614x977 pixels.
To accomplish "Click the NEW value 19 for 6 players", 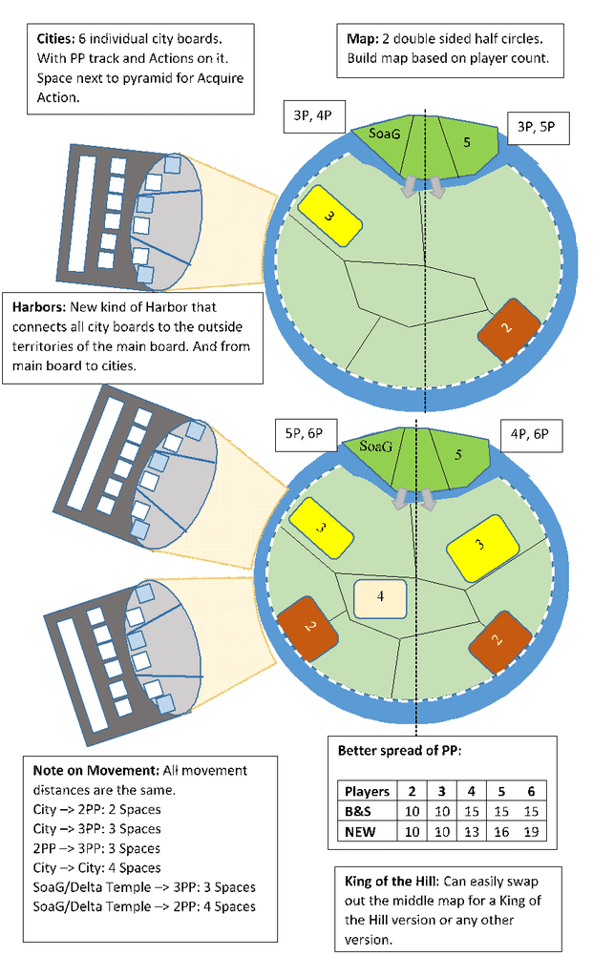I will pos(531,831).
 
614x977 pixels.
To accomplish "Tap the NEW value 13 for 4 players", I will pos(471,831).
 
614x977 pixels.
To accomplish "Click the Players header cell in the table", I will pos(367,791).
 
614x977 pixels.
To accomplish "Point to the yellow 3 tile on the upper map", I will pos(330,217).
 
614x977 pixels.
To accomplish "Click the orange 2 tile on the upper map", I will pos(506,329).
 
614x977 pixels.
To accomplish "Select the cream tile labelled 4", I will pos(380,597).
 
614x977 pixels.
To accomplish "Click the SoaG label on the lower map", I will pos(375,446).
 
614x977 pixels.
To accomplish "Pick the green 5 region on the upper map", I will pos(466,143).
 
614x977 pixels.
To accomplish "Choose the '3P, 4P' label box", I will pos(312,116).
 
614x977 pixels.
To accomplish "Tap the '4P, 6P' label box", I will pos(530,434).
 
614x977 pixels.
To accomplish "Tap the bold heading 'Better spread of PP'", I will pos(399,751).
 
